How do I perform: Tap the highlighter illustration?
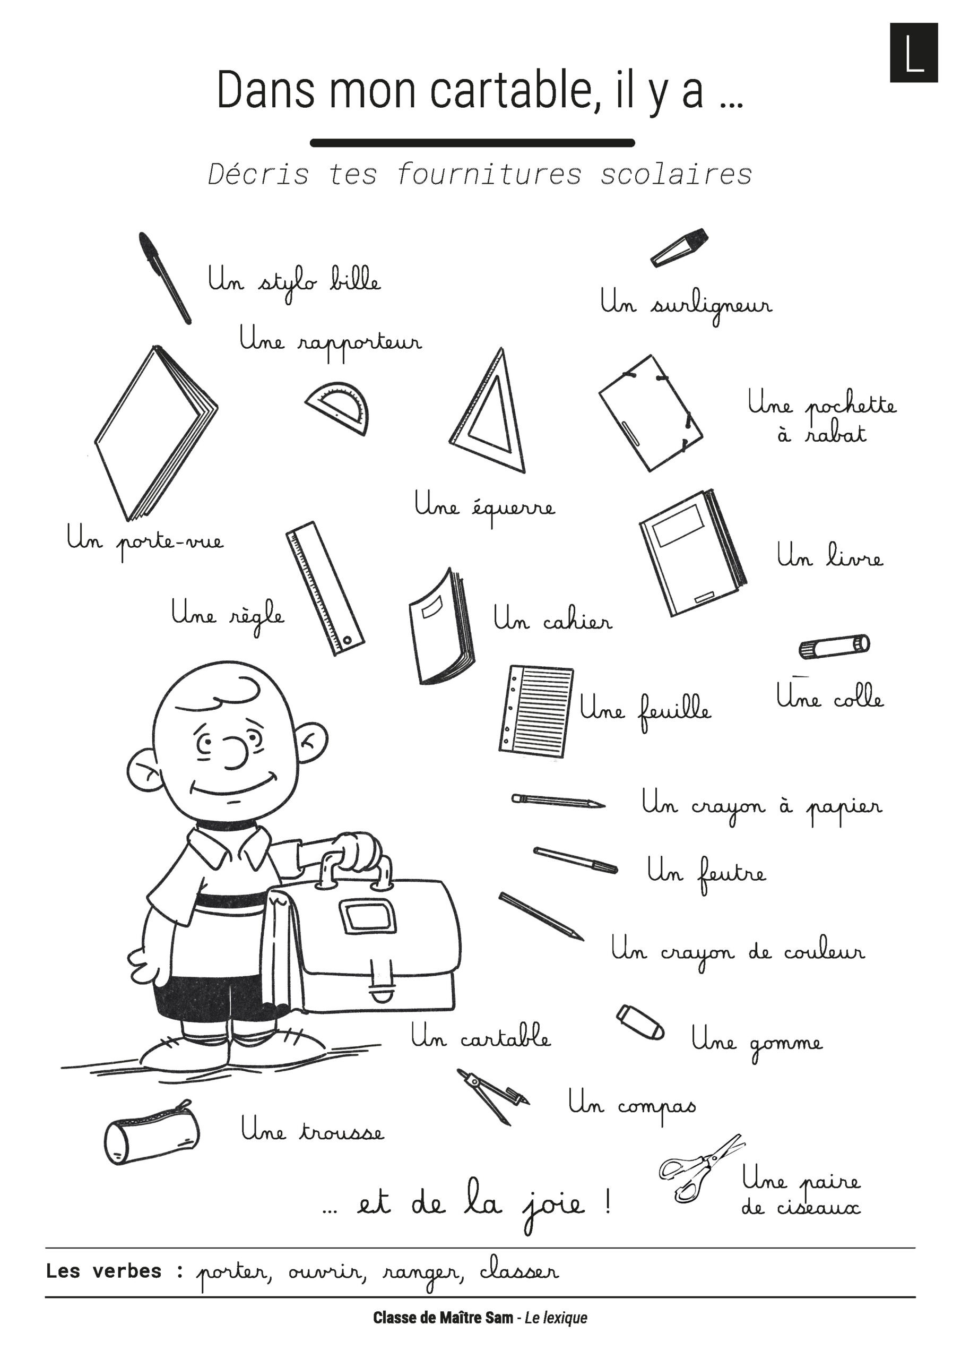click(x=679, y=247)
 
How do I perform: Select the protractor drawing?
click(x=338, y=407)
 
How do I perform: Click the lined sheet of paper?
click(x=536, y=711)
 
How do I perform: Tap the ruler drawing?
click(x=325, y=588)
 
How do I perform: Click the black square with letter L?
click(x=914, y=53)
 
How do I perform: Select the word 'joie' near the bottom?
click(x=554, y=1207)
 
